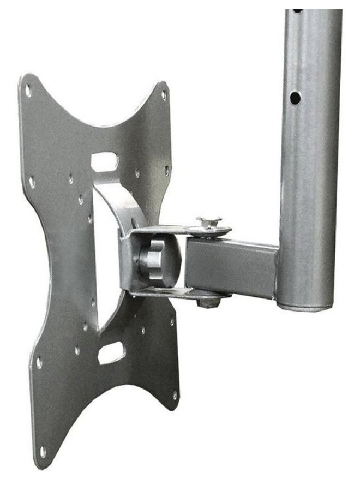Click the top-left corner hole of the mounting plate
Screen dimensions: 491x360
tap(28, 91)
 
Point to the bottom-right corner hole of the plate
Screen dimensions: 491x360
tap(175, 394)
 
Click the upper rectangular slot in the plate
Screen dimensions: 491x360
tap(105, 161)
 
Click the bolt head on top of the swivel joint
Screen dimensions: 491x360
tap(209, 221)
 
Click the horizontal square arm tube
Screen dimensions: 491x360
tap(232, 267)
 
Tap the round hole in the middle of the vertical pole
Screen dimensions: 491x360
tap(295, 98)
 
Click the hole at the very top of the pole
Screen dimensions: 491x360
tap(297, 11)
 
